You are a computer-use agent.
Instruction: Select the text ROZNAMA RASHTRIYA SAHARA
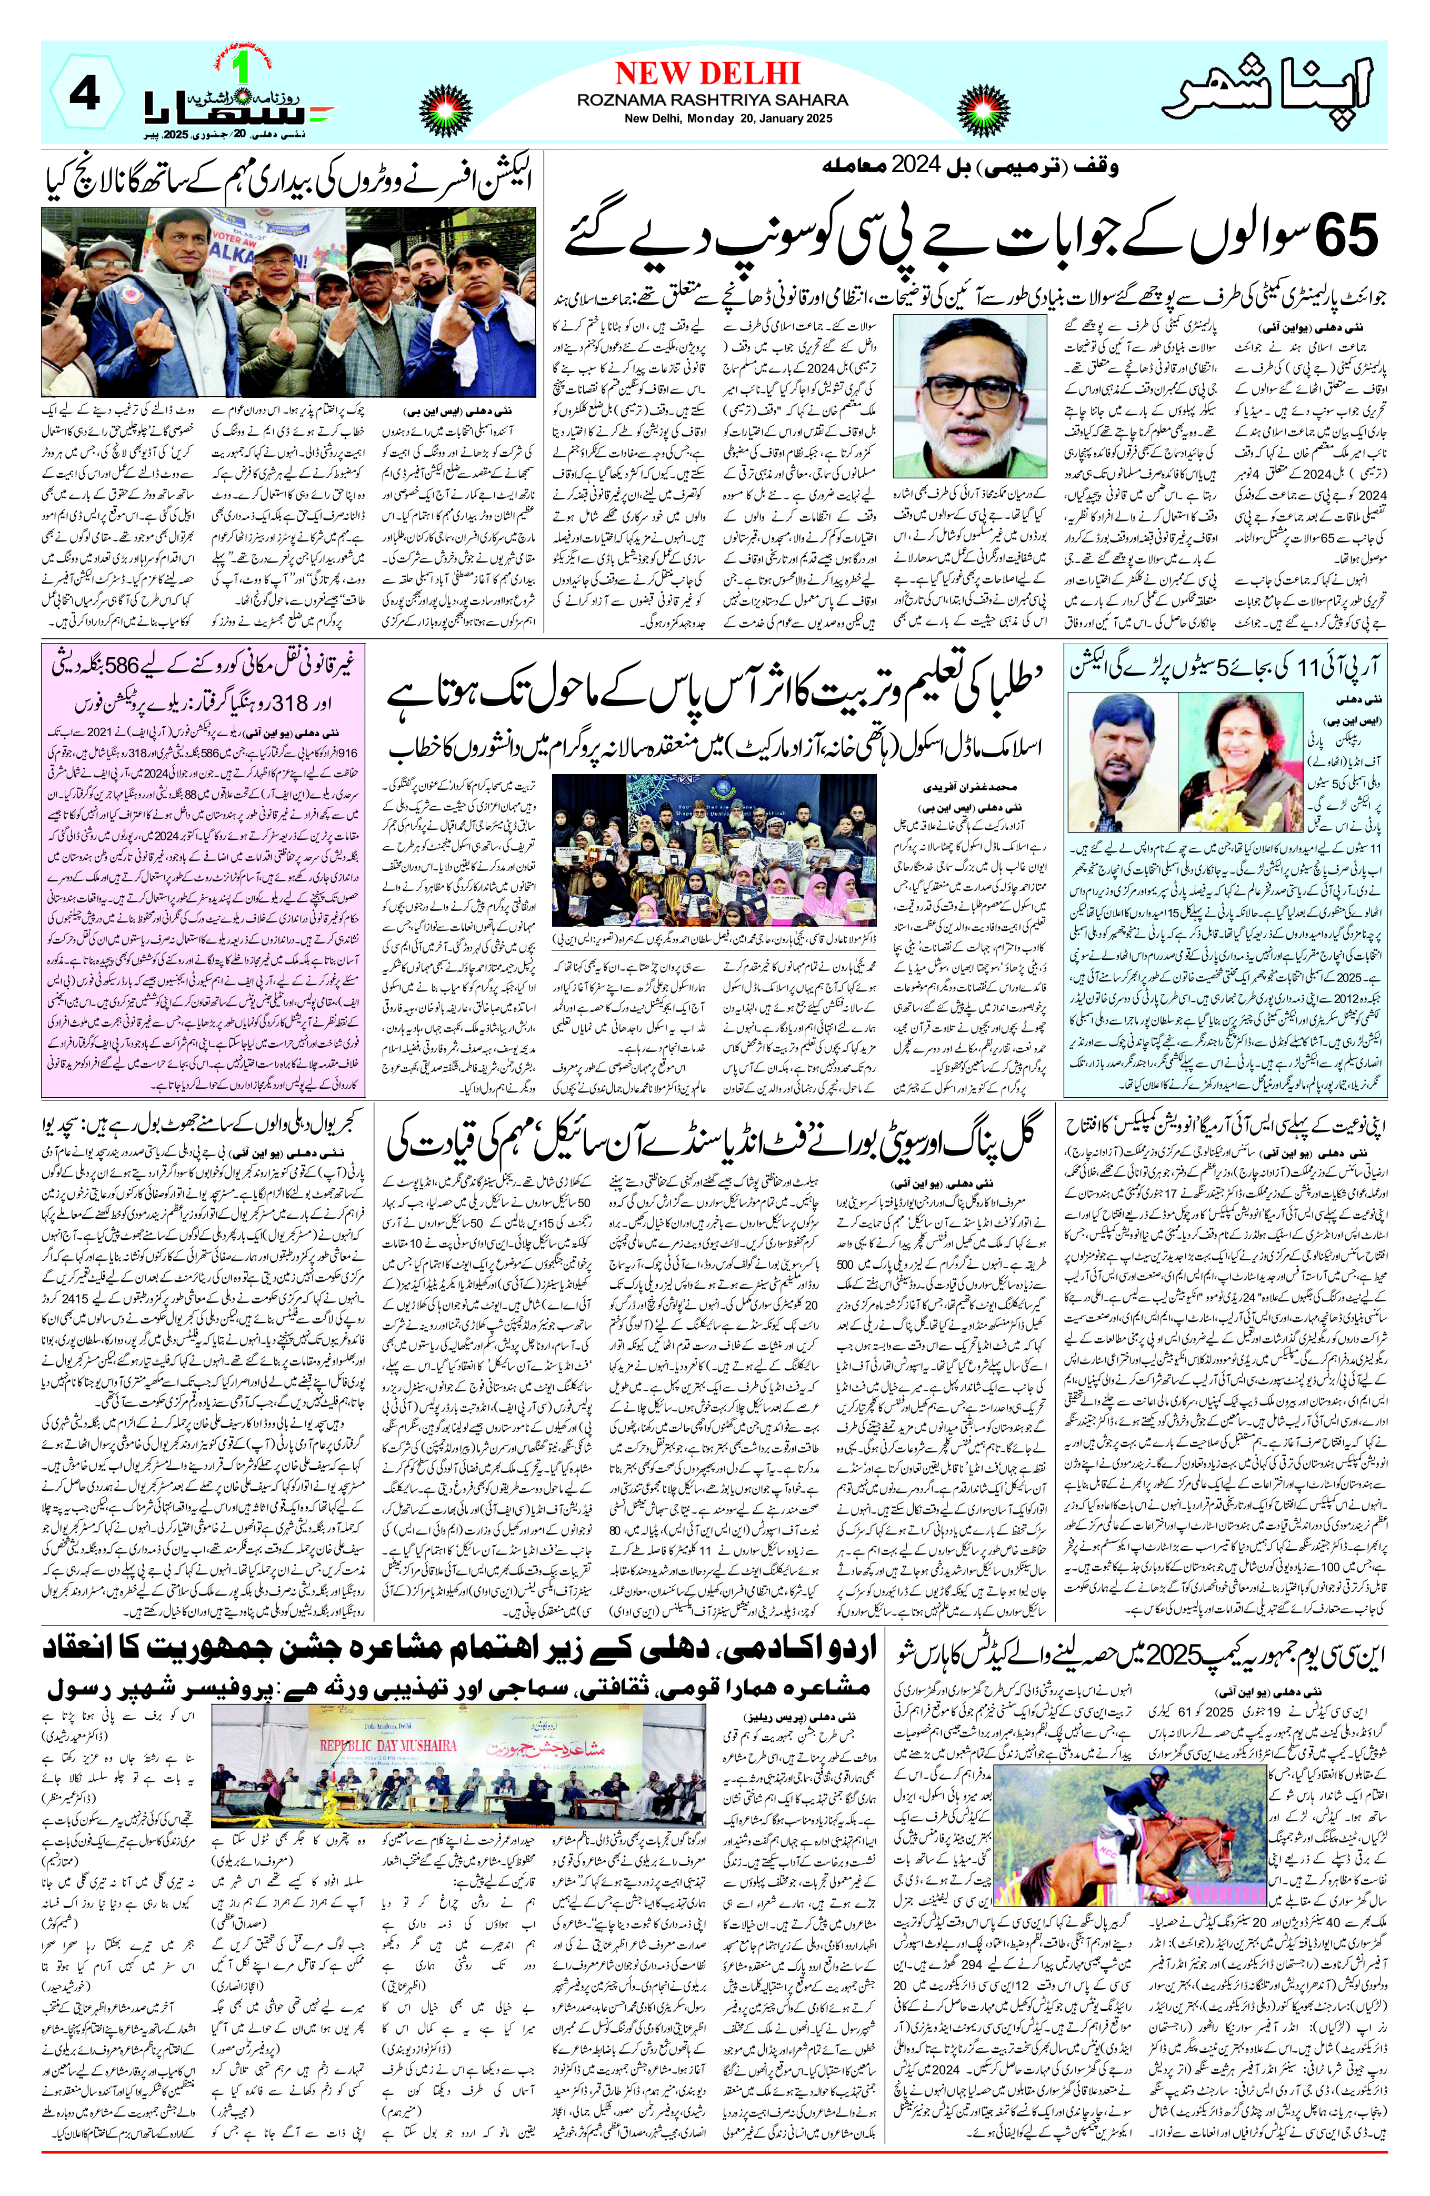tap(712, 99)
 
